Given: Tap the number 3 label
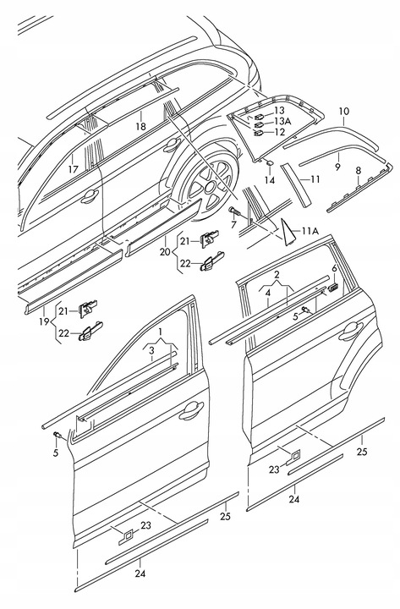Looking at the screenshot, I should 150,348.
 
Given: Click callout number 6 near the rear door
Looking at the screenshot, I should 334,268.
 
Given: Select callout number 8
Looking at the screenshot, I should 359,170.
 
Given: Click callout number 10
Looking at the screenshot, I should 343,112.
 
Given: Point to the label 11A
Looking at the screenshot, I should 310,230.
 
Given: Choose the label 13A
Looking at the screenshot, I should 281,121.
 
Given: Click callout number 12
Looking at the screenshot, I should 280,132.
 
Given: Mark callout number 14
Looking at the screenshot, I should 270,180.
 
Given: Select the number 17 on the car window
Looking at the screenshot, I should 74,169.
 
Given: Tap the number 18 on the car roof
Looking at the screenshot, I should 141,126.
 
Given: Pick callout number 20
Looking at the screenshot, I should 165,250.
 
